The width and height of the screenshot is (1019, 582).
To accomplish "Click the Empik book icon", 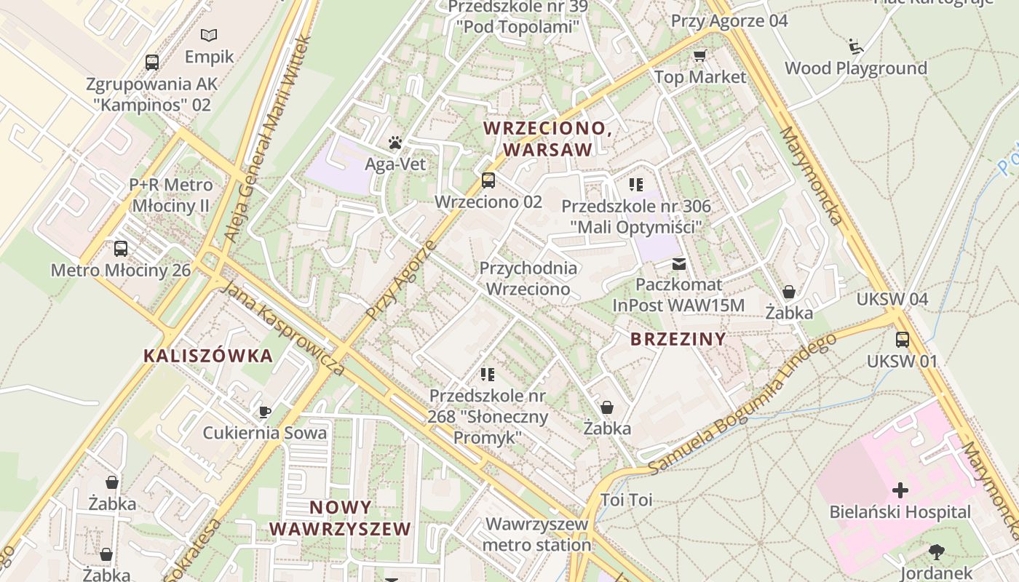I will (209, 35).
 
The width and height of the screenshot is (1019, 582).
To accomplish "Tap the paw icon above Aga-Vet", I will (394, 143).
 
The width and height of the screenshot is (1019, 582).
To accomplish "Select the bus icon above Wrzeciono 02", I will (488, 180).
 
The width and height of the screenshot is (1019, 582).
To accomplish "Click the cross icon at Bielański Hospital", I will (900, 490).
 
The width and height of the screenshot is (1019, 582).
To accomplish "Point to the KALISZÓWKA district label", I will (208, 356).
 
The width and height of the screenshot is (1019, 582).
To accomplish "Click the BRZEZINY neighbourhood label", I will (678, 338).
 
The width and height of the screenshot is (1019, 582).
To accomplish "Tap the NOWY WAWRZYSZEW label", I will (340, 518).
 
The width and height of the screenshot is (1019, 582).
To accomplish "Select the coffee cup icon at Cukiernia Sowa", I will (265, 412).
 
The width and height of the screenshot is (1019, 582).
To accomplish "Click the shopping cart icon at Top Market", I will (700, 55).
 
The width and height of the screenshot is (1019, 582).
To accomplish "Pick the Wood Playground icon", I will (856, 47).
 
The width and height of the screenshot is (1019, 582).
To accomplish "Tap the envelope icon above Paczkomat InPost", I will (679, 263).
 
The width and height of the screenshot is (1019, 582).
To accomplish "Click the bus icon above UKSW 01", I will (903, 339).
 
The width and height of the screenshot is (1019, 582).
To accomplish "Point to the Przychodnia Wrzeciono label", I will (528, 278).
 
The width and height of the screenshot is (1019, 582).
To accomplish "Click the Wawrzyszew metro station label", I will (536, 534).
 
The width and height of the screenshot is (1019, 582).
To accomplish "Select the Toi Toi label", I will (626, 500).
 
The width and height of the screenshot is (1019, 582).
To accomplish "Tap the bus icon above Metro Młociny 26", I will (121, 249).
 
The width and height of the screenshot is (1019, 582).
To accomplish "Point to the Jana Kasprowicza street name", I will (283, 327).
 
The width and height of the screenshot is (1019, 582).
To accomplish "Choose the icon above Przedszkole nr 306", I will (636, 185).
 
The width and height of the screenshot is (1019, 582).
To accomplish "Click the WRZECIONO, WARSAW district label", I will (547, 138).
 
